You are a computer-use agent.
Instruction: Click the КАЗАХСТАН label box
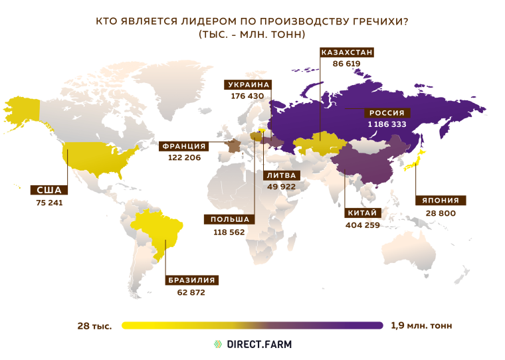coord(347,52)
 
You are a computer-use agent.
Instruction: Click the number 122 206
coord(183,158)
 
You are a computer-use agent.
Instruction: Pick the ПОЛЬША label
coord(229,220)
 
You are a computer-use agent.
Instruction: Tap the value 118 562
coord(229,231)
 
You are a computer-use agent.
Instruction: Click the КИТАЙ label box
coord(363,213)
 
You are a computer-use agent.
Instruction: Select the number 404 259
coord(363,225)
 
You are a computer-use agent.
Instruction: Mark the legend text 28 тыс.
coord(94,325)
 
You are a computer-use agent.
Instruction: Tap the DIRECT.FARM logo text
coord(260,344)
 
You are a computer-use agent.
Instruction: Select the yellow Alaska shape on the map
coord(23,108)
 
